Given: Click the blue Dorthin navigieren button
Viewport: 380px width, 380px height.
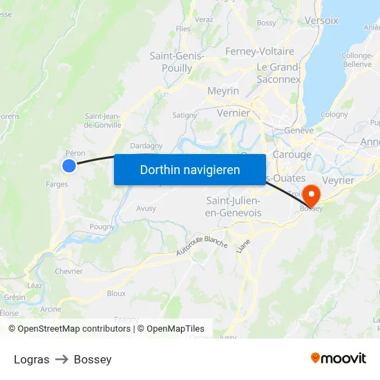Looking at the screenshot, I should click(190, 169).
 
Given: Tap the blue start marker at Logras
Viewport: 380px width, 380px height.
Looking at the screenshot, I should click(69, 165).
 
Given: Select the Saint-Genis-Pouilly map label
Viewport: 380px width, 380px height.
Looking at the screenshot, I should click(176, 61).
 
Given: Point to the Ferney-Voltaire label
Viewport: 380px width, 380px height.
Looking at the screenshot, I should click(260, 51).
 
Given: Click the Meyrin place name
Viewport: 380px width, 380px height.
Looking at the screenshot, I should click(223, 91).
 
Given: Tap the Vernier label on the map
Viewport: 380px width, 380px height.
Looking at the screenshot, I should click(233, 113).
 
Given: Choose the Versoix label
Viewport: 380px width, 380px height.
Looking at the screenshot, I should click(321, 21).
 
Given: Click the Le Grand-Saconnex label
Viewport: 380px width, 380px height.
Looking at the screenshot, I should click(278, 73).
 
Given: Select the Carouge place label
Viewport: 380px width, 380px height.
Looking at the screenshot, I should click(292, 154).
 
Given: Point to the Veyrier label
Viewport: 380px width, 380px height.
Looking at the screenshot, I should click(339, 180).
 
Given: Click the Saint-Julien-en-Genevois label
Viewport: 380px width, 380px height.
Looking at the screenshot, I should click(234, 207).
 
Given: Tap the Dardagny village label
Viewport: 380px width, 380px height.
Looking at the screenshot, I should click(146, 146).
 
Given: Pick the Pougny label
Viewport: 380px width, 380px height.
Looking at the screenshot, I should click(102, 226).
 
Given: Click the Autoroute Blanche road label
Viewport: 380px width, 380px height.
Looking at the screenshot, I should click(201, 246).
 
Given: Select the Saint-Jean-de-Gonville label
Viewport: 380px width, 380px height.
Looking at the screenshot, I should click(102, 120).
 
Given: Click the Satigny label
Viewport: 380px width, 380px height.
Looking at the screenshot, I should click(184, 115).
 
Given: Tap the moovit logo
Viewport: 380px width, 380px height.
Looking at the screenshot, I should click(339, 359).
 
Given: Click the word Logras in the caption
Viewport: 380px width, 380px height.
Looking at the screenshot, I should click(32, 359).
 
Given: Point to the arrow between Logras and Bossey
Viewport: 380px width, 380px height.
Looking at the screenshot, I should click(61, 359).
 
